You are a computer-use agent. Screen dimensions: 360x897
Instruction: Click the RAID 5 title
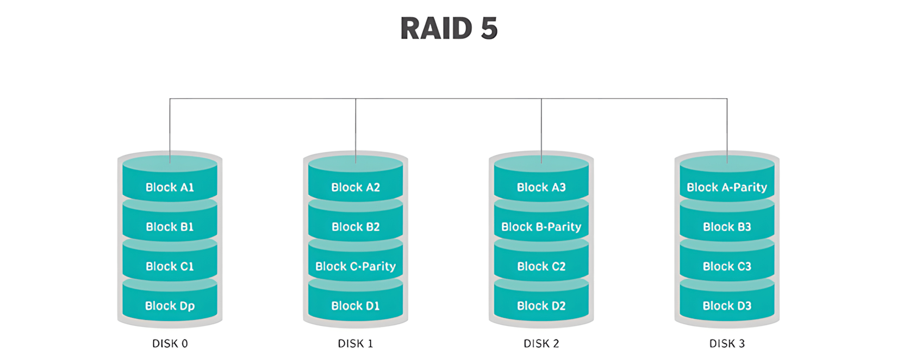(448, 28)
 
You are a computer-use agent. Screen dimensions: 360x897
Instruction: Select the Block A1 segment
(170, 187)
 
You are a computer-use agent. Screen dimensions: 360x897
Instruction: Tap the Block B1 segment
(170, 227)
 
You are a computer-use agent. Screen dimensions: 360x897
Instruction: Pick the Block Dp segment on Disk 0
(170, 306)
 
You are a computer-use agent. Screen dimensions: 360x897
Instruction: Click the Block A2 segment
(356, 187)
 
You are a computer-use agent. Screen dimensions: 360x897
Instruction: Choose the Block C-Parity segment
(356, 266)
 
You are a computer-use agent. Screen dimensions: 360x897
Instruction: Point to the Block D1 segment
(356, 306)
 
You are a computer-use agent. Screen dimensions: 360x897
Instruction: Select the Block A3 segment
(541, 187)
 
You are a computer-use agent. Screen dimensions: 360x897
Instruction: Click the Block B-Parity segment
(541, 227)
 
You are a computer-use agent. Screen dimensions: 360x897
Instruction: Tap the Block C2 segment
(541, 266)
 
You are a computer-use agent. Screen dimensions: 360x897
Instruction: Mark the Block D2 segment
(541, 306)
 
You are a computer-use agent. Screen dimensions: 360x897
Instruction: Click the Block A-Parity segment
(727, 187)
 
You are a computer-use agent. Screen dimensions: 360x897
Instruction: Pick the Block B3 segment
(727, 227)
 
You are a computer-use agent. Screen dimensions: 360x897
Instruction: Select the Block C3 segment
(727, 266)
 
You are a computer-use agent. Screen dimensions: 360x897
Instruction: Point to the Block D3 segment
(727, 306)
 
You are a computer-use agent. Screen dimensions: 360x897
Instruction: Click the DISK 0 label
(170, 344)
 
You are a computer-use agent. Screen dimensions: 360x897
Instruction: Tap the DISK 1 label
(356, 344)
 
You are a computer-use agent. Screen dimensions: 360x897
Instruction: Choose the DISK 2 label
(541, 344)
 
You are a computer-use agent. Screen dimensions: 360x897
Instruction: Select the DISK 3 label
(727, 344)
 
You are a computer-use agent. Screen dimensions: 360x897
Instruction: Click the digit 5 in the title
(489, 28)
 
